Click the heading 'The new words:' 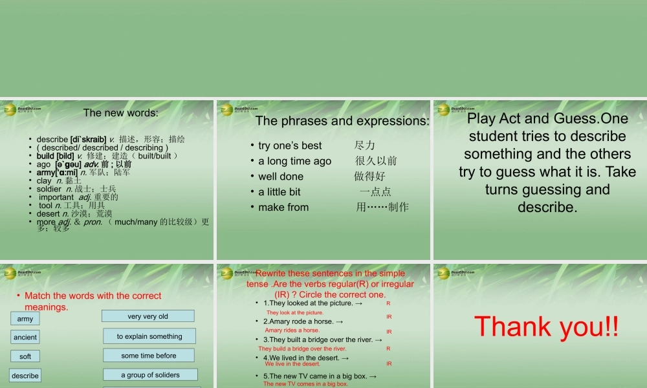(x=120, y=113)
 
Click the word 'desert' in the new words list (x=48, y=213)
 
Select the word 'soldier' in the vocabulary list (x=49, y=189)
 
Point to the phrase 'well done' (x=281, y=177)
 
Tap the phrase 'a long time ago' (x=294, y=161)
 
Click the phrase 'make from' (x=283, y=208)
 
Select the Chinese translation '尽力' (x=365, y=145)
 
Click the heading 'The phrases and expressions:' (x=342, y=121)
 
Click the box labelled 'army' (x=25, y=319)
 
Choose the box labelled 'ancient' (x=25, y=337)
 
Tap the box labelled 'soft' (x=25, y=356)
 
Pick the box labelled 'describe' (x=25, y=376)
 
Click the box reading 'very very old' (x=148, y=316)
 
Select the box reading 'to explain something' (x=149, y=336)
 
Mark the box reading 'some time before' (x=148, y=356)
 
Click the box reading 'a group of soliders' (x=150, y=375)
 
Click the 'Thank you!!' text (x=546, y=327)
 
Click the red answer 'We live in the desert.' (x=292, y=364)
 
